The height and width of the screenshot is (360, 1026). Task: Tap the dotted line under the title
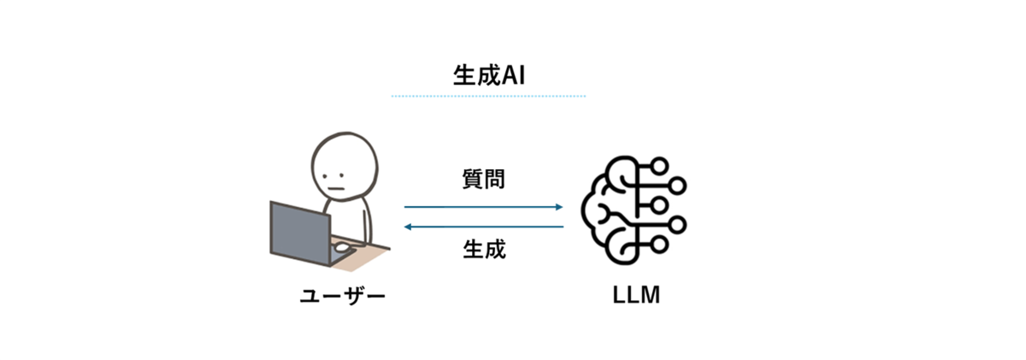488,97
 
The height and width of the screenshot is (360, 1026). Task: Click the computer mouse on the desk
341,248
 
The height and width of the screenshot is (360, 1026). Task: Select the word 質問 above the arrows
483,180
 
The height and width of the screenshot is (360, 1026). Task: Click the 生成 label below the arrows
484,251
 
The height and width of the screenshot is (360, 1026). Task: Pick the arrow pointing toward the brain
483,207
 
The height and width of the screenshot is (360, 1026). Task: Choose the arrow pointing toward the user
483,227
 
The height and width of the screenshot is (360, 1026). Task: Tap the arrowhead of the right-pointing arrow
559,207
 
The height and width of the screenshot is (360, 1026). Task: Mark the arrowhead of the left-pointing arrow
409,227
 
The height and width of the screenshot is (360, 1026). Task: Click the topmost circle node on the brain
658,164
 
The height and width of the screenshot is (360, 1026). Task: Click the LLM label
637,297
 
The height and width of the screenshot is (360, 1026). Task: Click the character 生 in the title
463,74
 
